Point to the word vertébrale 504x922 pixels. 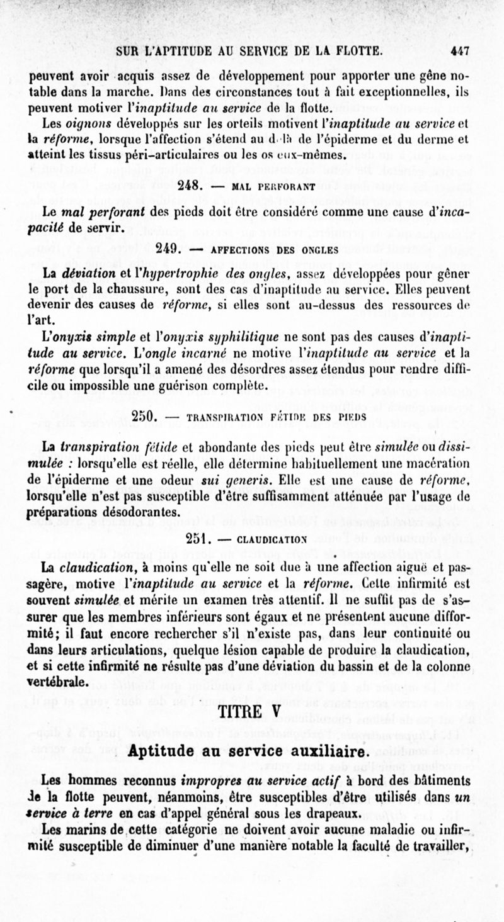[60, 682]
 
